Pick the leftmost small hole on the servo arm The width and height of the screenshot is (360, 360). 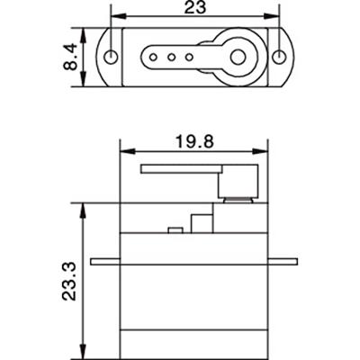coord(155,57)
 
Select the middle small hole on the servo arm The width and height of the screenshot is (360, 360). coord(171,57)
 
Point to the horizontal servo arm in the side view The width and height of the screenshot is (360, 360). coord(180,168)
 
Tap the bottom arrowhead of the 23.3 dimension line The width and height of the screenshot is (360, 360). coord(84,353)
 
